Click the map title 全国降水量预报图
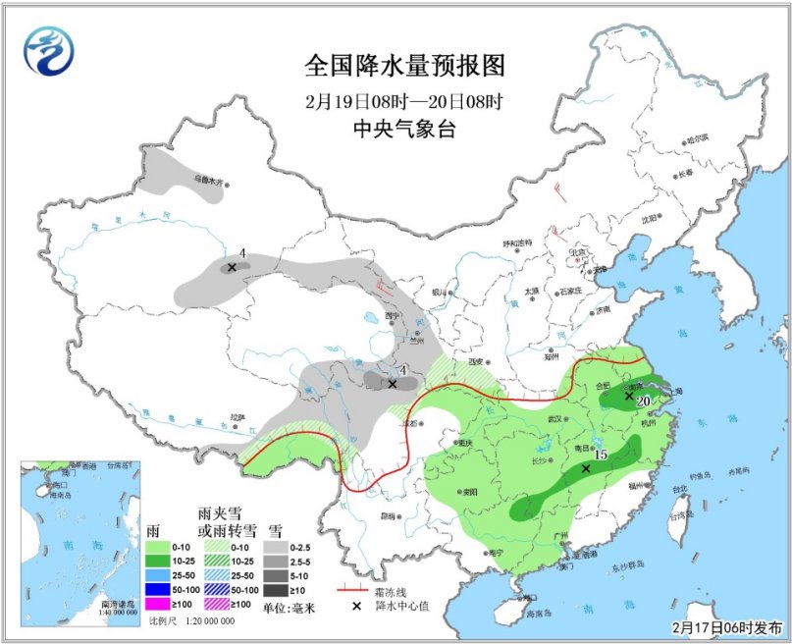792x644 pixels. click(x=404, y=66)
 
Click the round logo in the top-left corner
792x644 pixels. click(x=49, y=51)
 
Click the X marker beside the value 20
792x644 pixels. click(x=629, y=396)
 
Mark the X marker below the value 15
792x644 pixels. click(x=586, y=469)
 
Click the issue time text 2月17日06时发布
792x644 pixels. click(x=727, y=625)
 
